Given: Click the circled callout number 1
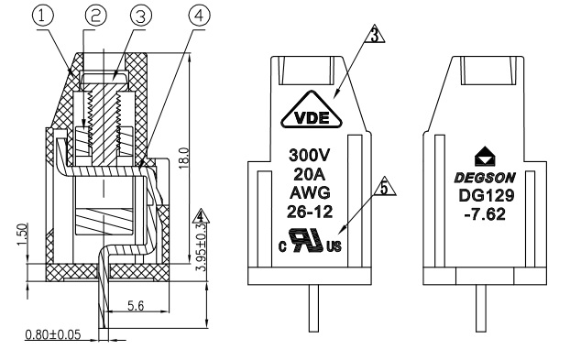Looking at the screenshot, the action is click(x=43, y=16).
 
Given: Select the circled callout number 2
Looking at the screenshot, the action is click(x=96, y=16).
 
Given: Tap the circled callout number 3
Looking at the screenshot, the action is click(x=141, y=16).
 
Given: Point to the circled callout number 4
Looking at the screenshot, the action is click(x=199, y=15).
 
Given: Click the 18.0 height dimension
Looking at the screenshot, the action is click(x=184, y=158).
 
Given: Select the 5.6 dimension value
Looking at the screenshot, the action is click(x=136, y=306).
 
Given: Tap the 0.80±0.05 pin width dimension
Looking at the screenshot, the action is click(x=53, y=334).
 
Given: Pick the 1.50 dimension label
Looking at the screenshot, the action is click(x=22, y=235).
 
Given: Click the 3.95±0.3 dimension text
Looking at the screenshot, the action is click(x=201, y=247).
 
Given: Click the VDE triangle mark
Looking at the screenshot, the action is click(x=312, y=110).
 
